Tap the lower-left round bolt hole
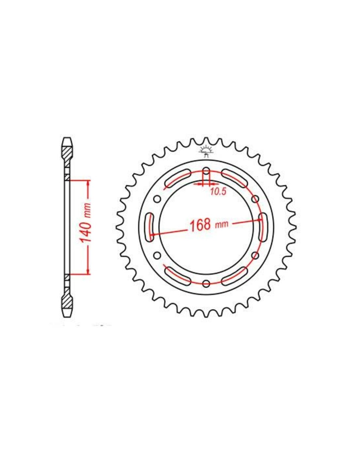pyautogui.click(x=157, y=255)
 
